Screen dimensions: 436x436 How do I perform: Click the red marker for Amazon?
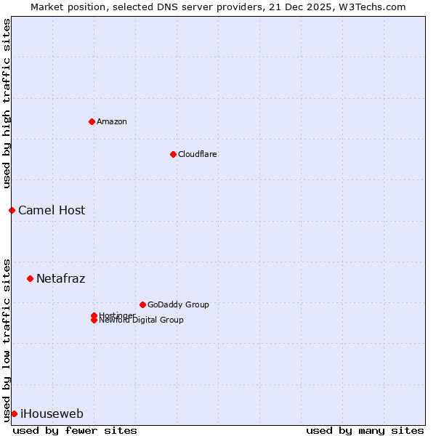(x=92, y=121)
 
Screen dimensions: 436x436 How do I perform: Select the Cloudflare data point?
(x=173, y=154)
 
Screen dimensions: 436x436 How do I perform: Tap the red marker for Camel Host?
(x=12, y=210)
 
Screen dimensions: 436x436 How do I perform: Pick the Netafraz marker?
(x=30, y=278)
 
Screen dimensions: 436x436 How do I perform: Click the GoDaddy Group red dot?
(x=142, y=304)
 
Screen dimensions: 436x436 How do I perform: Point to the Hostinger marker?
(x=94, y=315)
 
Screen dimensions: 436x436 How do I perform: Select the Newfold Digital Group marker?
(x=94, y=320)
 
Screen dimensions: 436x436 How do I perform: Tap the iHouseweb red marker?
(x=14, y=413)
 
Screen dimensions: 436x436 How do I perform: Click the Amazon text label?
(x=112, y=121)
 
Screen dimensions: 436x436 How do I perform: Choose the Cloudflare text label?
(x=198, y=154)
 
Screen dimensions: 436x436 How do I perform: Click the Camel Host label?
(x=52, y=210)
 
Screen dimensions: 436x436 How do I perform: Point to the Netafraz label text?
(x=61, y=278)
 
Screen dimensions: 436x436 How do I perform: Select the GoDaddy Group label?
(x=178, y=304)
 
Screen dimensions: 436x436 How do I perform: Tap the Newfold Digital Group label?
(x=142, y=320)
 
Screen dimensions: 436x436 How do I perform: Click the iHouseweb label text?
(x=52, y=413)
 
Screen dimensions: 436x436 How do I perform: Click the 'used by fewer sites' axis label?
(x=75, y=430)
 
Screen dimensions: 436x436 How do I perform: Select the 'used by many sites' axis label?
(x=365, y=430)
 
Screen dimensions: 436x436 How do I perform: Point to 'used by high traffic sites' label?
(x=7, y=103)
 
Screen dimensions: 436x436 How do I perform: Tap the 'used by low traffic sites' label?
(x=7, y=339)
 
